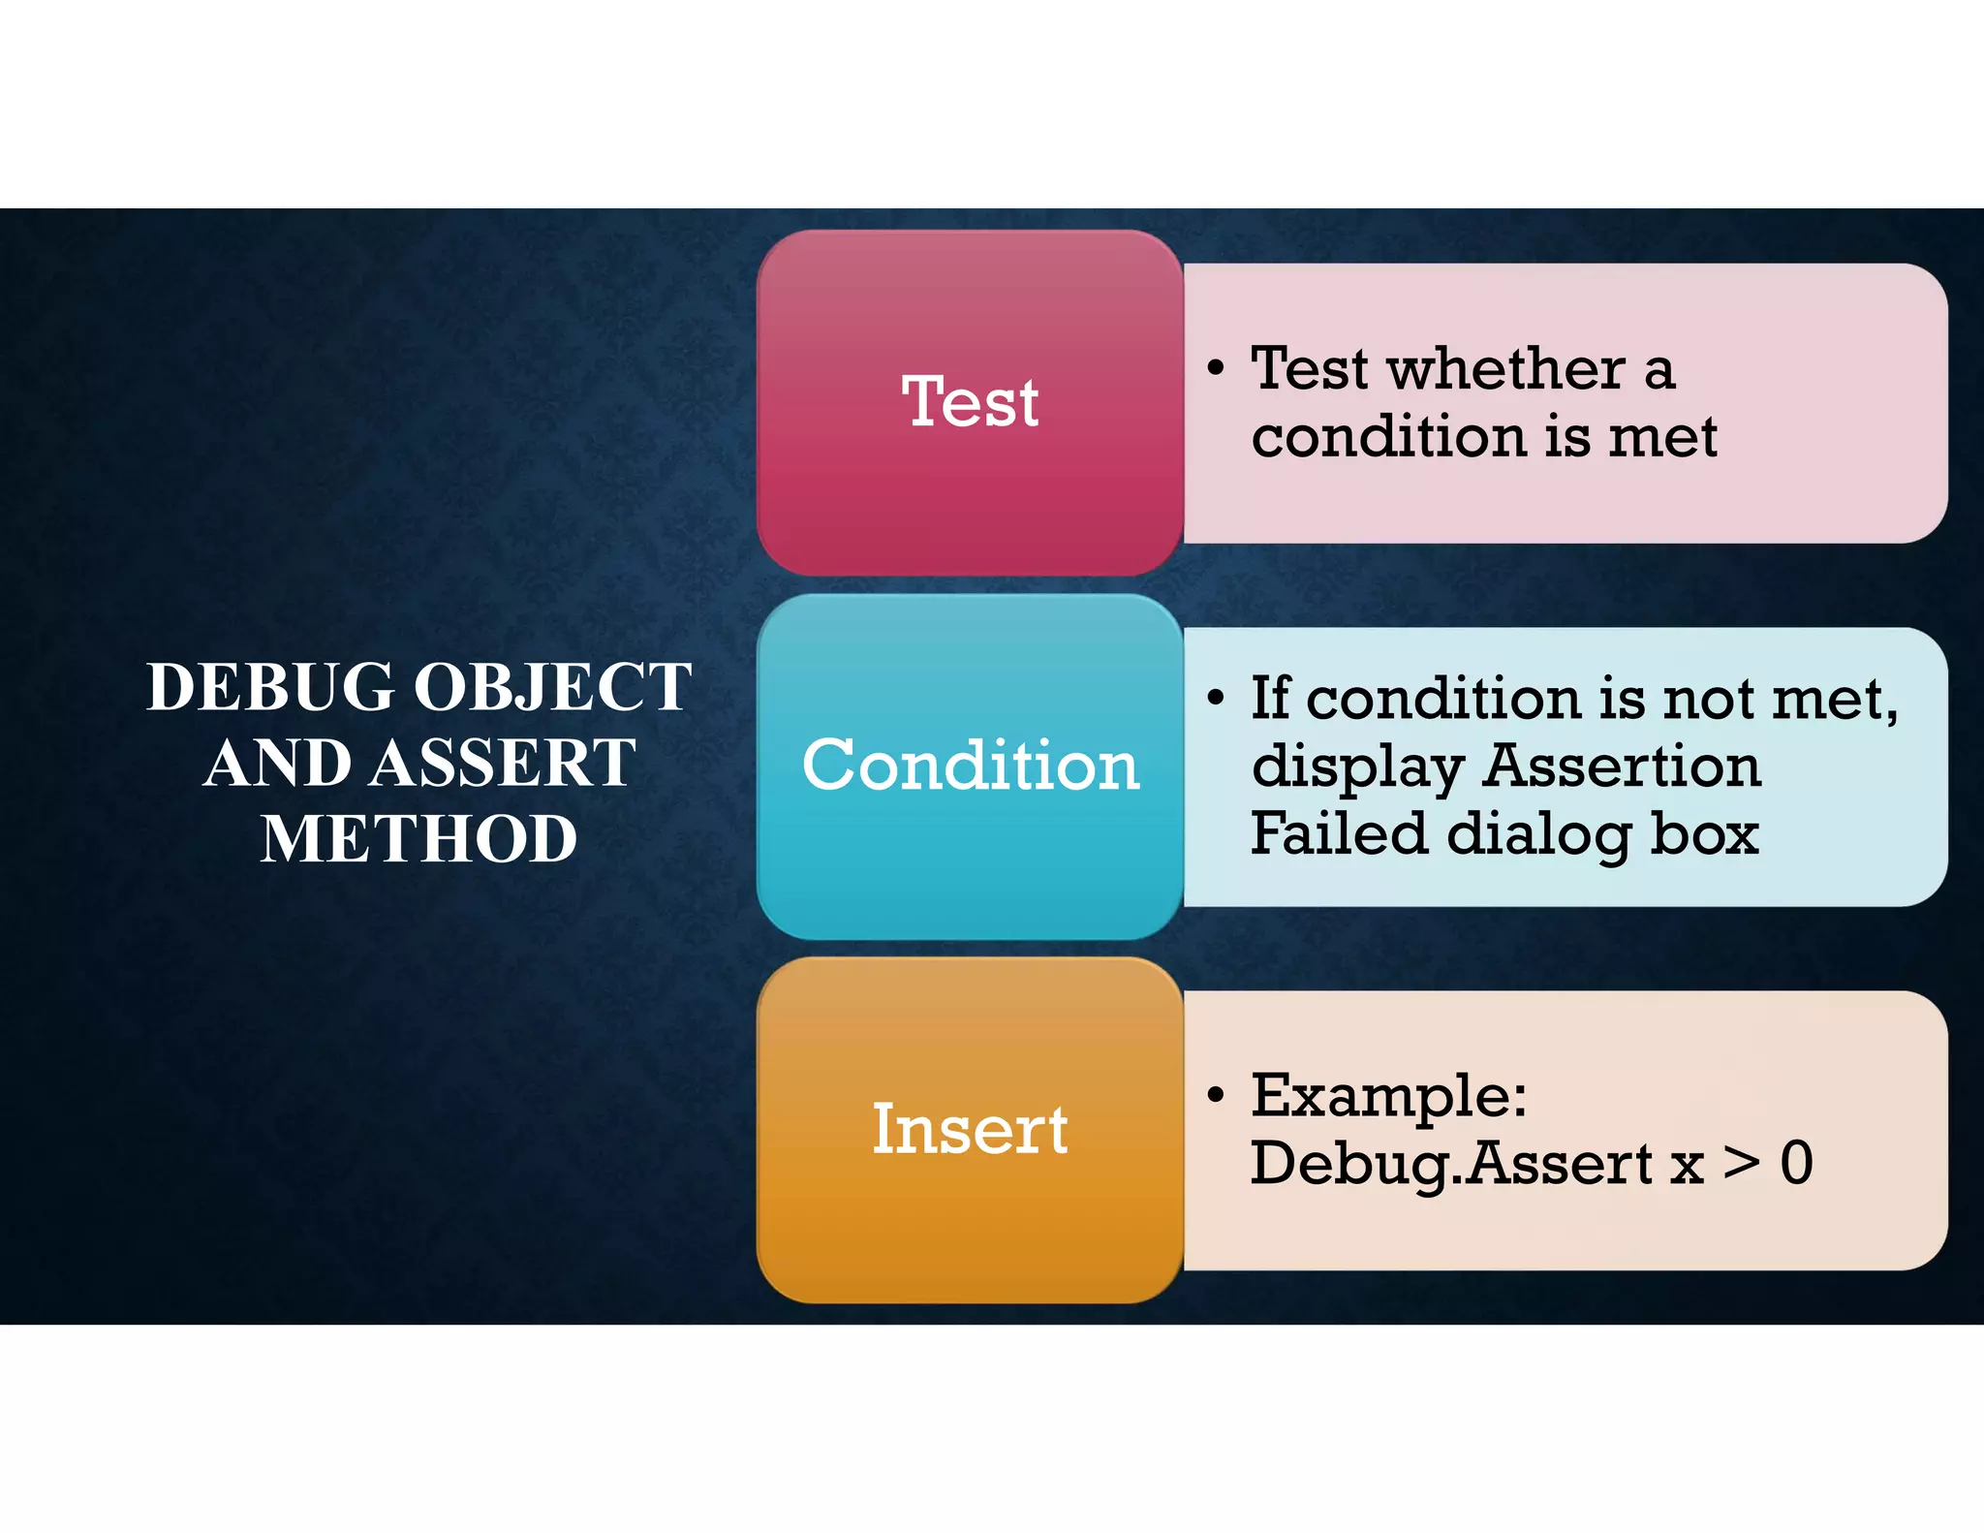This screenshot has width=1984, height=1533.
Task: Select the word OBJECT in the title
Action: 553,688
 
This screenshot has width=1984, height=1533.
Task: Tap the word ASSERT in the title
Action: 503,764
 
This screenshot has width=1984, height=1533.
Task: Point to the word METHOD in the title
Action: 418,839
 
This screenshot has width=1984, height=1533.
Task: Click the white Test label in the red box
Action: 970,401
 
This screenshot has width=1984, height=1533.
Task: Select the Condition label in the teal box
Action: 970,766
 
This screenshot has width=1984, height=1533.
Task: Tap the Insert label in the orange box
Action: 970,1129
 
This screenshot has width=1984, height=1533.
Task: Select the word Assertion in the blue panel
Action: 1623,766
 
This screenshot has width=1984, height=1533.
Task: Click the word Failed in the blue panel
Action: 1339,833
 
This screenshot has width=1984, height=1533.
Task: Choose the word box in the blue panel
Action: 1704,833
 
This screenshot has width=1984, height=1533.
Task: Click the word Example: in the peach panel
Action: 1388,1096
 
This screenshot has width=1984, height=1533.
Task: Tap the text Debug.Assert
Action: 1450,1164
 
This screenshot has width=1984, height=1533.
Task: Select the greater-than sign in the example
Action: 1741,1164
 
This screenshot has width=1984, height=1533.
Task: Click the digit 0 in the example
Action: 1796,1163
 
